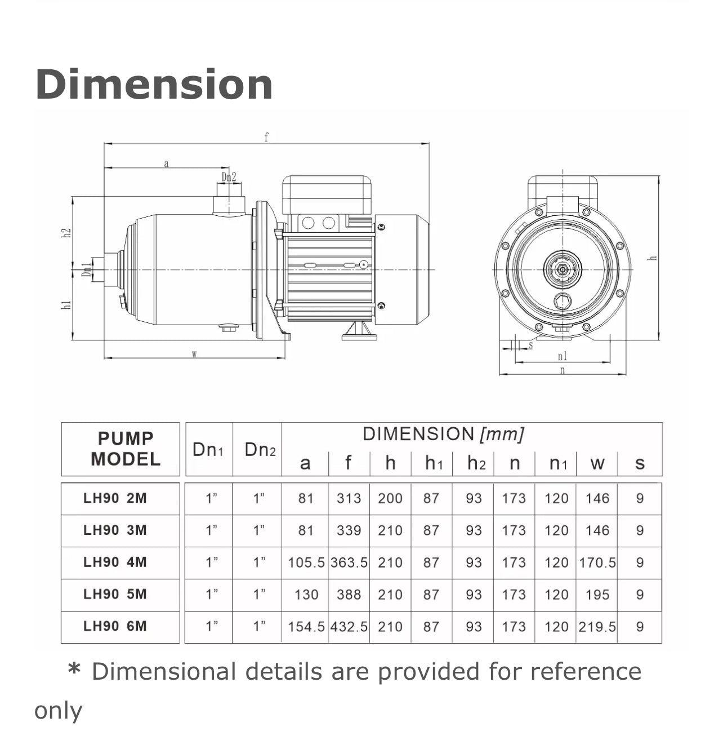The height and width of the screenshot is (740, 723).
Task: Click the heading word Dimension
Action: point(154,84)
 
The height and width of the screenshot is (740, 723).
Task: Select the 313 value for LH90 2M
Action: point(349,498)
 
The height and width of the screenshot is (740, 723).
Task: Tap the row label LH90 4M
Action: point(115,562)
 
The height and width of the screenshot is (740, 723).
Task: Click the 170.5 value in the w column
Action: point(597,562)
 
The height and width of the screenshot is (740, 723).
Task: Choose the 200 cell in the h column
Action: point(390,498)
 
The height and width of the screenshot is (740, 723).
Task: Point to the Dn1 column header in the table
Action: point(208,450)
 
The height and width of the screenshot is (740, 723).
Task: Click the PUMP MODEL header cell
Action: point(126,449)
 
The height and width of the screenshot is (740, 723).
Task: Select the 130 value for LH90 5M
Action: point(307,595)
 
